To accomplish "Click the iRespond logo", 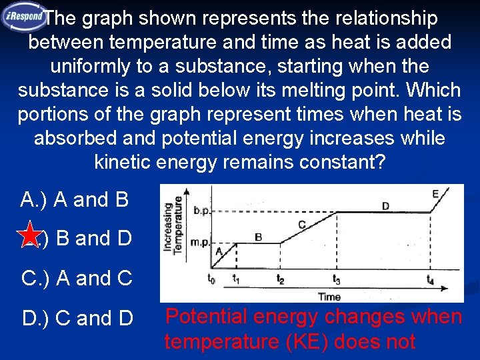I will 24,17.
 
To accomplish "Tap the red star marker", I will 30,237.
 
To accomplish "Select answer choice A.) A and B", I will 75,199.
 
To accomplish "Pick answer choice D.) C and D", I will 77,319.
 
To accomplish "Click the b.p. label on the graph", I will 201,211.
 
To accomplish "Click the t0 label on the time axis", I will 211,279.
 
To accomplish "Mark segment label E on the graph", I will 435,194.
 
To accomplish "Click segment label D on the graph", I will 385,206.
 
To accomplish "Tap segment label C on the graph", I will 302,225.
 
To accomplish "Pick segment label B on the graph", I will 259,237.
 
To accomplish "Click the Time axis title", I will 329,297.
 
